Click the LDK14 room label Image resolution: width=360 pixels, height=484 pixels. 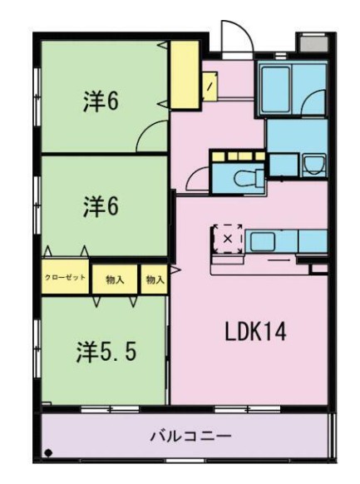(x=256, y=332)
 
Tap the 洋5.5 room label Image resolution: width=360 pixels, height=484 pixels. (x=106, y=352)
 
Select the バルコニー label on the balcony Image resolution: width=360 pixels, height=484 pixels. (x=190, y=436)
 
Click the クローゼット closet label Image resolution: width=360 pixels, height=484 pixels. (x=65, y=277)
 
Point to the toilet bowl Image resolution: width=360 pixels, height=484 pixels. (x=247, y=179)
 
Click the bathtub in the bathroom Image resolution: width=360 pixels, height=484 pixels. (x=276, y=89)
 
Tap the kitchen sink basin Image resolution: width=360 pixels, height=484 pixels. (x=262, y=242)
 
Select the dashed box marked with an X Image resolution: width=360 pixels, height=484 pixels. (x=228, y=239)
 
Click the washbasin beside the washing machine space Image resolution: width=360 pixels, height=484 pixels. (x=313, y=165)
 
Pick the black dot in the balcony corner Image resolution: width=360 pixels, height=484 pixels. (x=48, y=453)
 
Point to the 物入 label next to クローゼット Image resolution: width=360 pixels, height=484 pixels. (x=115, y=280)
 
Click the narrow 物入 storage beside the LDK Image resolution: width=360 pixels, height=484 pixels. (x=155, y=279)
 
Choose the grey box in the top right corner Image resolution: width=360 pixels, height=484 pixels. (x=313, y=42)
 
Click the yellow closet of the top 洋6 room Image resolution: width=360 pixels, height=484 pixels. (x=185, y=75)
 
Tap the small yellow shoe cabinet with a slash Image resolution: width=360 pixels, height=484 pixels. (x=210, y=86)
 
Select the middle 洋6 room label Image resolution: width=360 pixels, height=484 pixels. (x=101, y=206)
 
